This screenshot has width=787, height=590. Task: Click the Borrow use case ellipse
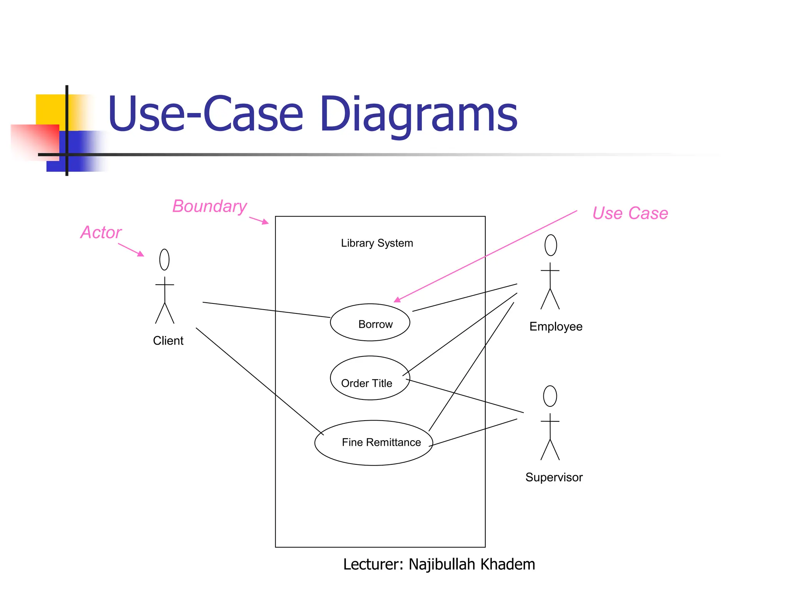(370, 322)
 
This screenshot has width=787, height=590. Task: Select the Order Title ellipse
(370, 378)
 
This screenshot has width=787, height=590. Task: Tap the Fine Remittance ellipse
(374, 442)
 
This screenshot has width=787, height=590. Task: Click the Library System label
(377, 243)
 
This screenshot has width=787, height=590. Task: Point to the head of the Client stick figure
(164, 260)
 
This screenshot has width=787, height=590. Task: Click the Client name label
(168, 341)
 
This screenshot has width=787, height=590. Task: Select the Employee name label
(556, 326)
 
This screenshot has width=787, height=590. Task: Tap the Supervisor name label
(554, 477)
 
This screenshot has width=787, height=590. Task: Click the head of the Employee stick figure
(550, 245)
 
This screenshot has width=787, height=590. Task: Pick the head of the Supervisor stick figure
(550, 396)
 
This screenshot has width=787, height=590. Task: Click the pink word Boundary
(209, 206)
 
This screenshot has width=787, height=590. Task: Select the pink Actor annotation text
(101, 232)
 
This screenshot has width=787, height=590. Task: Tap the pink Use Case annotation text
(630, 213)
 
